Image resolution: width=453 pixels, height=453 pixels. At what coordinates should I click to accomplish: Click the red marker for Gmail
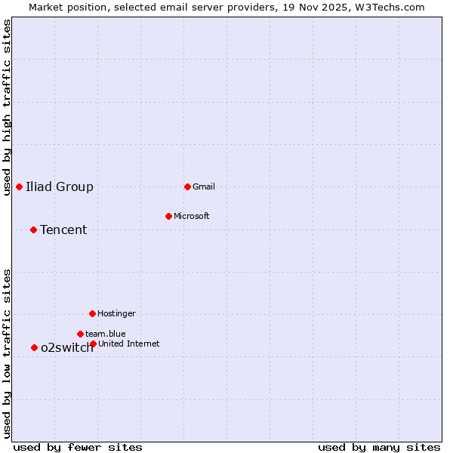click(187, 186)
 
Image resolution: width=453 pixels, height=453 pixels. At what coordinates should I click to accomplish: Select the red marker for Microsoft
click(168, 216)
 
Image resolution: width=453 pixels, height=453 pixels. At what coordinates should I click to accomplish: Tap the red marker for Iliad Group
click(19, 186)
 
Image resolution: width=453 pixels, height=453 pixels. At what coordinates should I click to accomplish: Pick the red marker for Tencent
click(33, 230)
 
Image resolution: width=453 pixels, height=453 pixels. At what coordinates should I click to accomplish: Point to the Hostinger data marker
click(92, 313)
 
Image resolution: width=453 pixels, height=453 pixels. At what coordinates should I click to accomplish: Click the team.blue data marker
click(80, 334)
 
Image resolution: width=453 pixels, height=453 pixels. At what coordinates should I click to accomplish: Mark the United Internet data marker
click(93, 344)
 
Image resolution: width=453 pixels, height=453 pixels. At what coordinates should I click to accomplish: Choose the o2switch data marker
click(34, 347)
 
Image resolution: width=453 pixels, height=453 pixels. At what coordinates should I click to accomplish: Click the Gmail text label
click(204, 186)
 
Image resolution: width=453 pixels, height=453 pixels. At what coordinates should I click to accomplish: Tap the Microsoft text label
click(192, 216)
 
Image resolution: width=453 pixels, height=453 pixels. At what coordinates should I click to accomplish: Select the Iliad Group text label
click(60, 186)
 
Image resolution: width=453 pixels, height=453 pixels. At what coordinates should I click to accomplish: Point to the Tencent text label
click(63, 230)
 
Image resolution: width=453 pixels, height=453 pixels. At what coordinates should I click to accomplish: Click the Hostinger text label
click(117, 313)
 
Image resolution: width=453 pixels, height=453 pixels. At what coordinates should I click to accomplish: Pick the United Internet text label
click(129, 344)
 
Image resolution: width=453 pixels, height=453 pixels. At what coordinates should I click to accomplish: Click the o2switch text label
click(67, 347)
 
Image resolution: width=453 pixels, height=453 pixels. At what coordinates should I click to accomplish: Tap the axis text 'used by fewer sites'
click(78, 447)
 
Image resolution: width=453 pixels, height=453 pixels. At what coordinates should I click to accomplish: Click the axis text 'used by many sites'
click(379, 447)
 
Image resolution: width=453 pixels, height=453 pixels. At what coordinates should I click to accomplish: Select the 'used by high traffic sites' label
click(8, 107)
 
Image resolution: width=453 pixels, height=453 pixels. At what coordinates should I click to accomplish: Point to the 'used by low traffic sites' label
click(8, 353)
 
